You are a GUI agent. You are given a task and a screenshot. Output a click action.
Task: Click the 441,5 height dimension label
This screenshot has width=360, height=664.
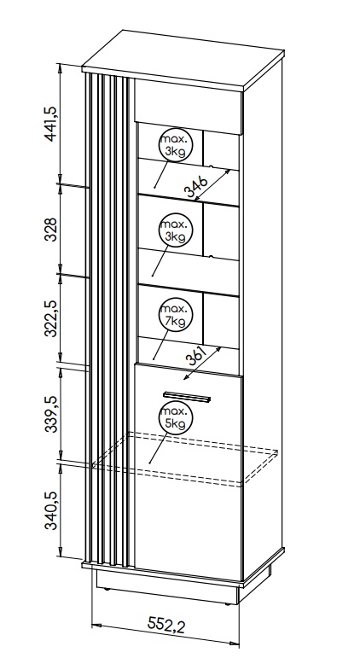(50, 124)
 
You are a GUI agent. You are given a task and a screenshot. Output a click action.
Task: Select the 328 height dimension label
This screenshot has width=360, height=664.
(50, 229)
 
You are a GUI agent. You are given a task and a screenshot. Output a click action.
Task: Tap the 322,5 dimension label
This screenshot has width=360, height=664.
(50, 319)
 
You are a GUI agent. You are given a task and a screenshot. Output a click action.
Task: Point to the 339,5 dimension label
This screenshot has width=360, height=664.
(50, 415)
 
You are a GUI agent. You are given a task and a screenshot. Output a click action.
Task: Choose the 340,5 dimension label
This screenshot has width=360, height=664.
(50, 511)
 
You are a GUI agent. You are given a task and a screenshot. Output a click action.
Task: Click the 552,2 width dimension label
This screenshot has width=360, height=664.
(166, 624)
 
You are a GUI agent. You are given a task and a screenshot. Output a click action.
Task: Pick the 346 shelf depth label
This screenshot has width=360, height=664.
(196, 187)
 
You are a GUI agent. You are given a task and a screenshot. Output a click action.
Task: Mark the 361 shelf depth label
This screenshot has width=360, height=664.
(196, 356)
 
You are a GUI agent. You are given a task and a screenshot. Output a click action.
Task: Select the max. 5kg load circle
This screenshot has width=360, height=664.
(175, 417)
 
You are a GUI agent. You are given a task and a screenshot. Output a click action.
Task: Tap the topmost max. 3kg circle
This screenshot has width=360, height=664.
(175, 145)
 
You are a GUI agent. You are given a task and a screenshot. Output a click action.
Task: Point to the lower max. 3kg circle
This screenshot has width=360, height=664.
(175, 230)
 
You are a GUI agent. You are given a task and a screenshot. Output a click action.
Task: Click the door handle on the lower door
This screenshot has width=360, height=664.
(187, 397)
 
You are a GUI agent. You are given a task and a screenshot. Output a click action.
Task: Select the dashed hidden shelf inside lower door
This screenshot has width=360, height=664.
(185, 459)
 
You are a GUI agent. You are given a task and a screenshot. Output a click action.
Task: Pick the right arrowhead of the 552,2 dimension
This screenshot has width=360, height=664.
(235, 644)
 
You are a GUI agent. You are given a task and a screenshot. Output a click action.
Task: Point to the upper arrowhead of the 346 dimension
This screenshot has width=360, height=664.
(227, 172)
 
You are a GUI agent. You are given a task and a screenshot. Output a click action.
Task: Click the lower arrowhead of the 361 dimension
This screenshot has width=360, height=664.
(187, 376)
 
